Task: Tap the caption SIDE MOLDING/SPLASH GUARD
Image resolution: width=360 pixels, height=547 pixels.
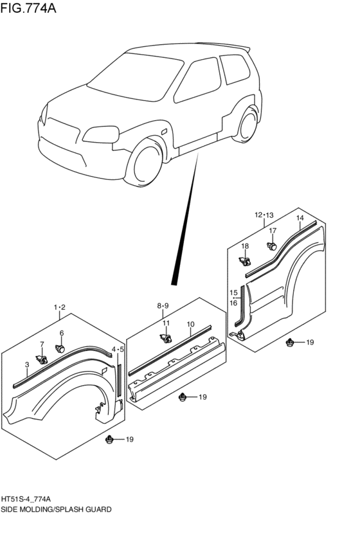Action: coord(57,508)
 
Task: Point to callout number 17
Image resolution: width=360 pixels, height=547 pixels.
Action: coord(273,231)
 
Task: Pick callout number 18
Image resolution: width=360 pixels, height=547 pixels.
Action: coord(245,246)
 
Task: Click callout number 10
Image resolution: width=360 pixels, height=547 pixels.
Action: coord(190,325)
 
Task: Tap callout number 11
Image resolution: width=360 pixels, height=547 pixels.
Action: coord(166,323)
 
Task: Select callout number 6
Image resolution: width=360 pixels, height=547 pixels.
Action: coord(62,333)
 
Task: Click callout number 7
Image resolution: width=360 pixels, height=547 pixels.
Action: coord(42,345)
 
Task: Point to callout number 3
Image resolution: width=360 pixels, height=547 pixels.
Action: coord(27,365)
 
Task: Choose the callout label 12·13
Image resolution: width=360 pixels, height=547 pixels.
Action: coord(264,215)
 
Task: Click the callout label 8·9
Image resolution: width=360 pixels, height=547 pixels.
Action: coord(163,306)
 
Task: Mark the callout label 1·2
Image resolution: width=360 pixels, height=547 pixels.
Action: coord(60,307)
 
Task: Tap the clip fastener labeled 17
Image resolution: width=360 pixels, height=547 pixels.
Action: coord(272,246)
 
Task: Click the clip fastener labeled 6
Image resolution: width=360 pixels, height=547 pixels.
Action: coord(60,349)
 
